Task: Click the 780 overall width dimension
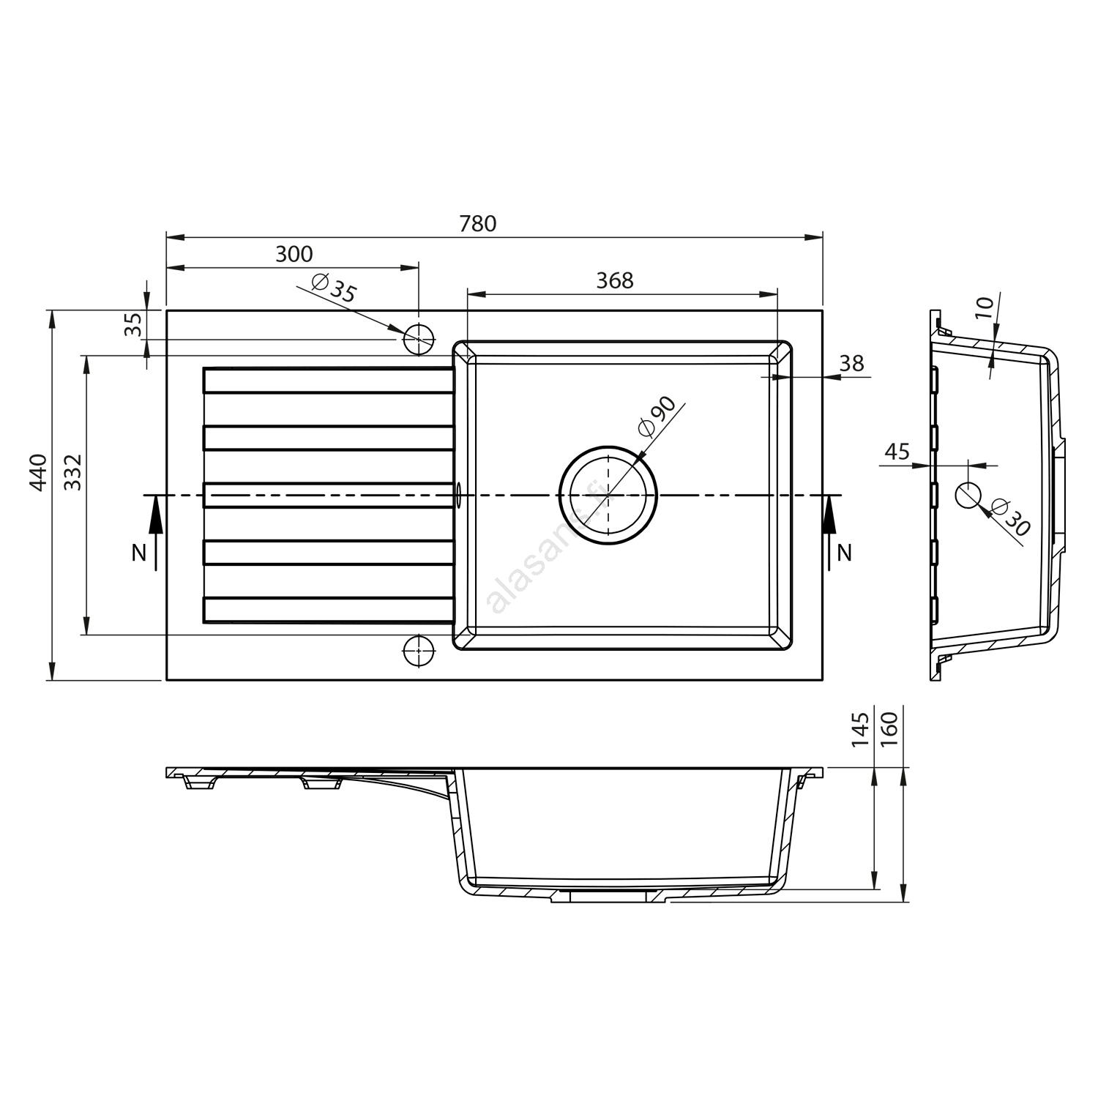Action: pos(478,223)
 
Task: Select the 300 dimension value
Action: pos(294,254)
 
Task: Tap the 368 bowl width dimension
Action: pos(614,280)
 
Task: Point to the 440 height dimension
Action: pos(40,472)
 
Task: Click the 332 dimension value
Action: pos(72,472)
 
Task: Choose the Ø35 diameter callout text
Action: pos(334,287)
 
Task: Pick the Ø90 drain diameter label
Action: pos(656,417)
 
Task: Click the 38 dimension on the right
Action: pos(852,363)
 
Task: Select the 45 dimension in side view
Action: pos(897,451)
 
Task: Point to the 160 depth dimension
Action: pos(890,730)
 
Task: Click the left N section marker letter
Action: pos(138,553)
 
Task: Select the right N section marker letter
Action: pos(845,553)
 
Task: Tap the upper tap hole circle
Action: pos(419,339)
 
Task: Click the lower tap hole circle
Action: pos(419,649)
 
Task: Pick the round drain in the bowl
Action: pos(608,496)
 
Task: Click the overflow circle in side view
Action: pos(968,496)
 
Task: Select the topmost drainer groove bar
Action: pos(329,381)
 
